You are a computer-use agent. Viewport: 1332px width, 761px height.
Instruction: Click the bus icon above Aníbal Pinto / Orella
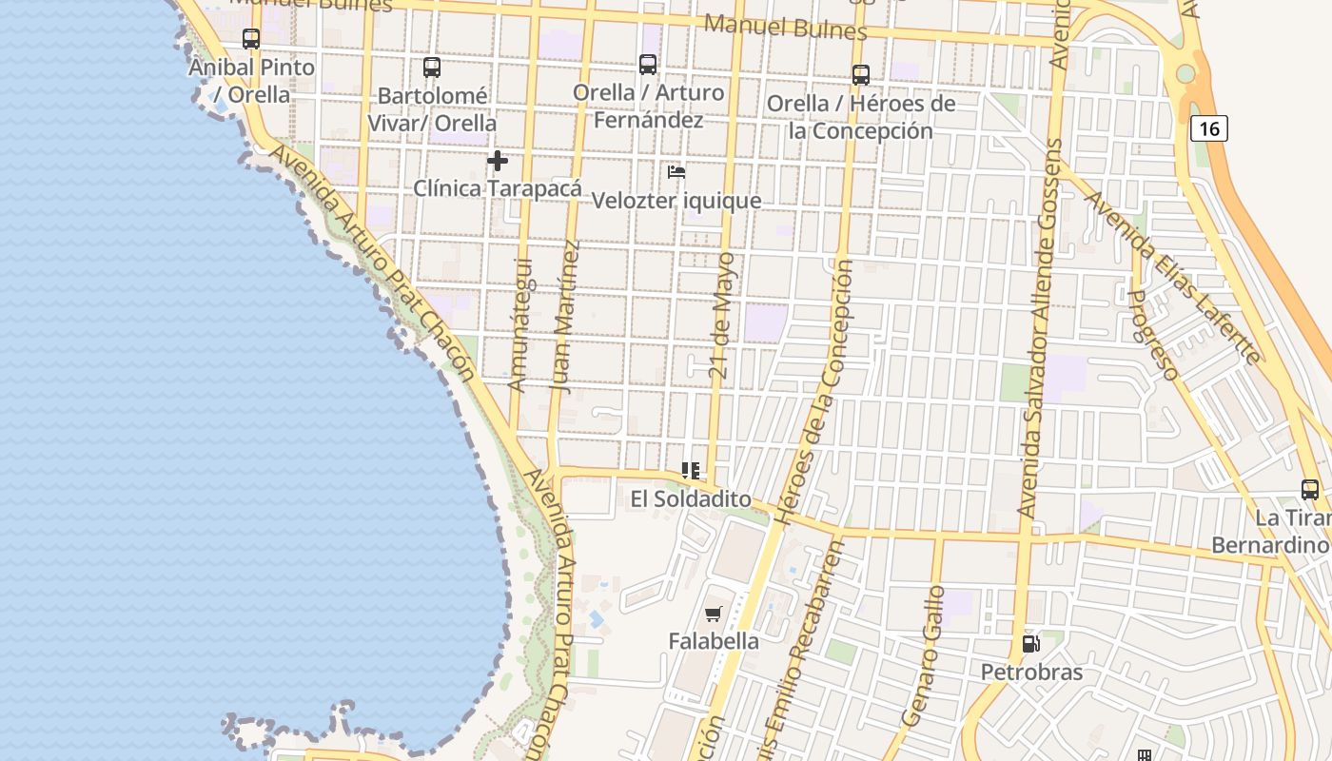pyautogui.click(x=251, y=39)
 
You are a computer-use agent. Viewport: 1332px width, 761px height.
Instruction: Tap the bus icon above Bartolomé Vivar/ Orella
pyautogui.click(x=432, y=68)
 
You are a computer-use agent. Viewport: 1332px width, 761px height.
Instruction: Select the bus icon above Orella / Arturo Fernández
pyautogui.click(x=648, y=65)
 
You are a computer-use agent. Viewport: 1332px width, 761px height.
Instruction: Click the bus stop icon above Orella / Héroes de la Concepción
pyautogui.click(x=861, y=74)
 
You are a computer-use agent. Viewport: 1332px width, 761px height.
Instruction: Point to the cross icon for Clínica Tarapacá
pyautogui.click(x=497, y=161)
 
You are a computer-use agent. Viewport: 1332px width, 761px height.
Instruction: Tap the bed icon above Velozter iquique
pyautogui.click(x=676, y=172)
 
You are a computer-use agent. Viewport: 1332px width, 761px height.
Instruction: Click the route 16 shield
pyautogui.click(x=1208, y=128)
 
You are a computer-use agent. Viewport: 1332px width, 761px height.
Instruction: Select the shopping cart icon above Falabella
pyautogui.click(x=714, y=615)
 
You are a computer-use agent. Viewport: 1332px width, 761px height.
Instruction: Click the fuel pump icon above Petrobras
pyautogui.click(x=1030, y=644)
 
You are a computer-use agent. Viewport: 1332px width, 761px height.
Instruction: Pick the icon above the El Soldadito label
pyautogui.click(x=691, y=470)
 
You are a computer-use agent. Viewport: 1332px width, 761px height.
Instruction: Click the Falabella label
pyautogui.click(x=714, y=641)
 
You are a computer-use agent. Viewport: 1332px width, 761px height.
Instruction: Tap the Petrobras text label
pyautogui.click(x=1031, y=673)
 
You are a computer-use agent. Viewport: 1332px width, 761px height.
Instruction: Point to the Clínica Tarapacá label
pyautogui.click(x=497, y=188)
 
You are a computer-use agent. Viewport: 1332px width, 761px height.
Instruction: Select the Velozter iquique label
pyautogui.click(x=676, y=201)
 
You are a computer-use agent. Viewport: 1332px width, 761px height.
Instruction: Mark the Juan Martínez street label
pyautogui.click(x=564, y=317)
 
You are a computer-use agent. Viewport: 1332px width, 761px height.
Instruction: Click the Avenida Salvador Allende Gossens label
pyautogui.click(x=1040, y=328)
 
